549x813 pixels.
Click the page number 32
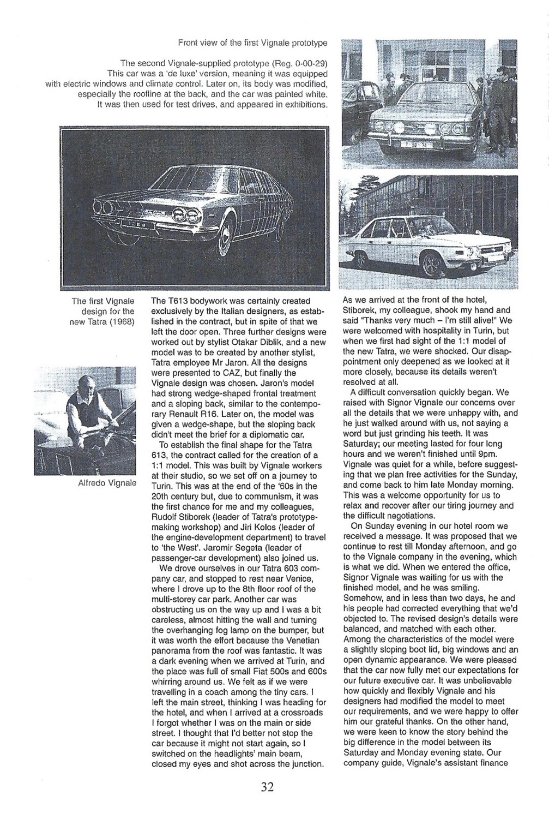pos(267,786)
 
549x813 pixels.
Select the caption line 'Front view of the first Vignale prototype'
pos(252,42)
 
